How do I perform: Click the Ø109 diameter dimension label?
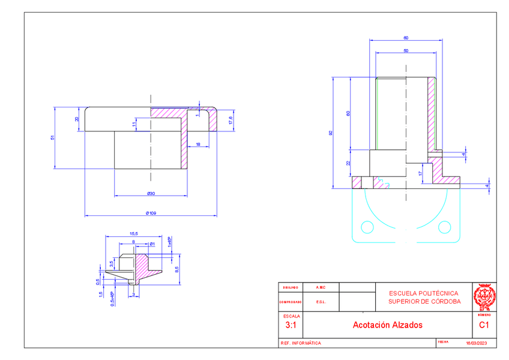tap(151, 212)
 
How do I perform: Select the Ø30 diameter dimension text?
tap(151, 193)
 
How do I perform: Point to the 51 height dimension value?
tap(52, 138)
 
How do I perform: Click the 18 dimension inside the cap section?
tap(198, 144)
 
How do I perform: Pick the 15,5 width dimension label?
tap(133, 233)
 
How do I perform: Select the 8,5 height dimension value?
tap(176, 269)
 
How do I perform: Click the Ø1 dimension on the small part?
tap(152, 244)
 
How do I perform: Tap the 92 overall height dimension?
tap(331, 133)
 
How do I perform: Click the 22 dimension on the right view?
tap(348, 163)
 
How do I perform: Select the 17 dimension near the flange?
tap(420, 173)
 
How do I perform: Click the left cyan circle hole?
tap(367, 227)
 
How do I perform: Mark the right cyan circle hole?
tap(444, 227)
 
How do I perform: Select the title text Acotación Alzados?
tap(387, 325)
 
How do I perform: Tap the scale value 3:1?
tap(291, 325)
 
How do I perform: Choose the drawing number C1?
tap(484, 325)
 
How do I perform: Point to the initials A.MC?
tap(321, 287)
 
